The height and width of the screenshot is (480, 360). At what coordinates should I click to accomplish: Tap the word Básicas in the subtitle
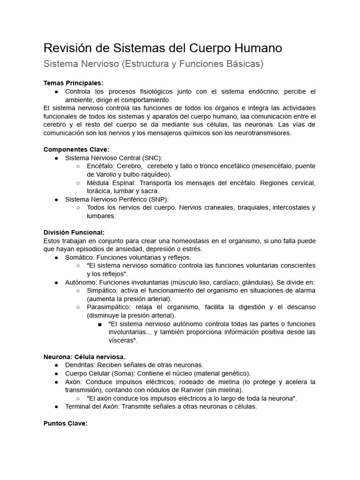tap(240, 64)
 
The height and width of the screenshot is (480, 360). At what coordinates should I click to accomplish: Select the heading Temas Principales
tap(73, 83)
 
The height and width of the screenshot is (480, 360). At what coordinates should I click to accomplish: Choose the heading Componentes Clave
tap(76, 150)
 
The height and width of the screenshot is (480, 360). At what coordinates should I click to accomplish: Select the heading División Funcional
tap(74, 232)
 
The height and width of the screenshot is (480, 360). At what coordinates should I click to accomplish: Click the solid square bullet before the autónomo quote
tap(100, 324)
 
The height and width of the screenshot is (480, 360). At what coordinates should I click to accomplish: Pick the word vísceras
tap(121, 340)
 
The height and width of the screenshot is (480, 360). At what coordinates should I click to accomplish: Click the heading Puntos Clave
tap(65, 423)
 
